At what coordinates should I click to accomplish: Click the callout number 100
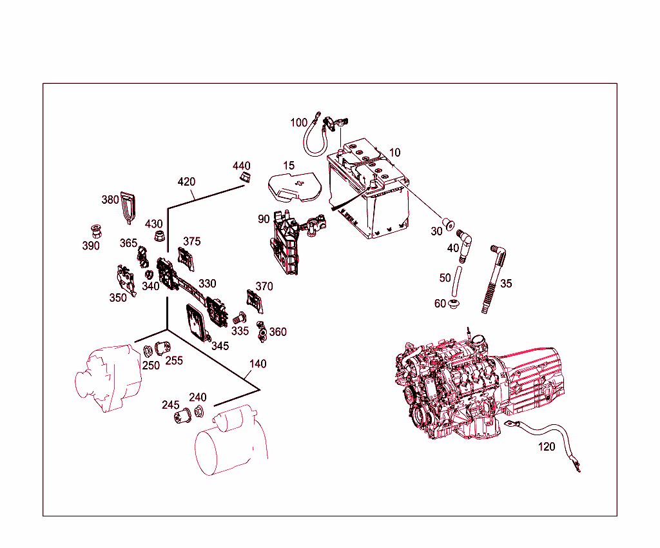[299, 122]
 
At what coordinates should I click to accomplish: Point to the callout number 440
[242, 166]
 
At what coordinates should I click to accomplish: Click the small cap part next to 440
[245, 177]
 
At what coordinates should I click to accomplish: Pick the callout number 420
[186, 182]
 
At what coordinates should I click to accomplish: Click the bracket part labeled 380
[130, 208]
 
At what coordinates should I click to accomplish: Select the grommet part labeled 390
[95, 230]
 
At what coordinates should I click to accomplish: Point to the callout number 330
[208, 283]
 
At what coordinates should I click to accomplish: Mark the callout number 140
[258, 364]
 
